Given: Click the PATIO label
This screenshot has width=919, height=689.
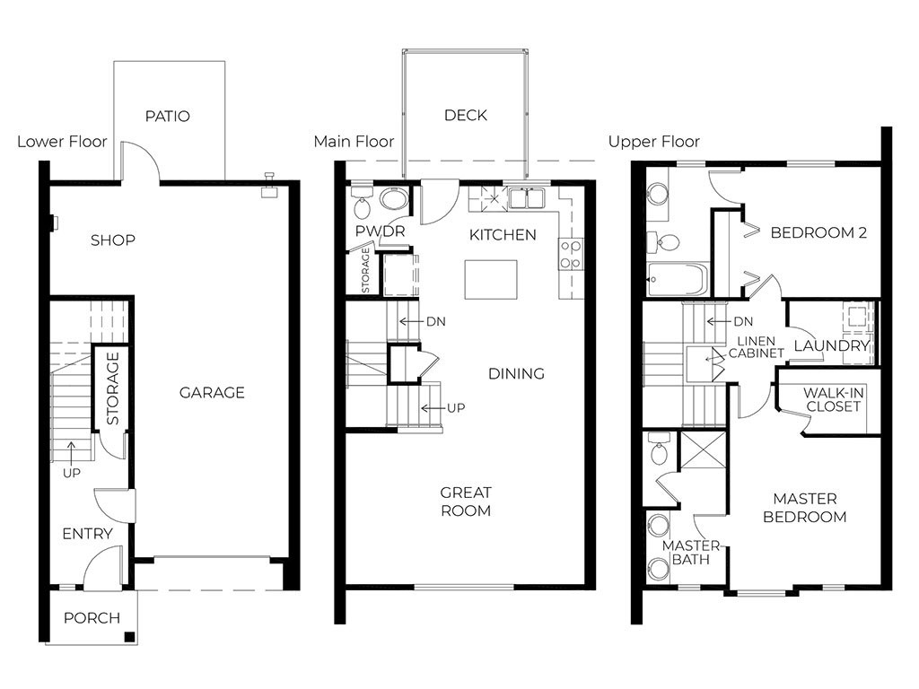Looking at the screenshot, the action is click(168, 117).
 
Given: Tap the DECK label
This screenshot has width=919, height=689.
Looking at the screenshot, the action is click(466, 115).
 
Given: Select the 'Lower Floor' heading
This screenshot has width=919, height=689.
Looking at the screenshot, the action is click(62, 142).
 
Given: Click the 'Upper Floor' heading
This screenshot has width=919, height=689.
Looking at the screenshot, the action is click(653, 142).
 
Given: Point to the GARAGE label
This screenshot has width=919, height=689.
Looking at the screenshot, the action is click(212, 392).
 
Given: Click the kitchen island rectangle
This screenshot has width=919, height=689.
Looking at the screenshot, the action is click(490, 279).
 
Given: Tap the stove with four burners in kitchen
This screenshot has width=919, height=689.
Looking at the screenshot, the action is click(570, 254).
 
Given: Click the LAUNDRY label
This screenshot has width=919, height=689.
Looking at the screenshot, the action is click(832, 346).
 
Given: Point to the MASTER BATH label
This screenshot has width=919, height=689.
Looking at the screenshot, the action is click(690, 553).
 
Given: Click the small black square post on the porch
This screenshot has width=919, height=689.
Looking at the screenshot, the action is click(129, 637).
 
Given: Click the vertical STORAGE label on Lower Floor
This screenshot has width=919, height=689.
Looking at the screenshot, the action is click(113, 388).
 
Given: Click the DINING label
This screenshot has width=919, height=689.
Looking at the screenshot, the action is click(516, 373).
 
